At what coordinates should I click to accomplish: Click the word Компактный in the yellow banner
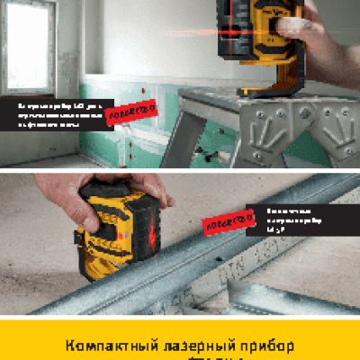point(106,345)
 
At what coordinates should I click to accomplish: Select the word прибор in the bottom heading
point(263,345)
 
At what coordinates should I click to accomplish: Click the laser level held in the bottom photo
point(117,229)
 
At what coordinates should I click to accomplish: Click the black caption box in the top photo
point(63,114)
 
